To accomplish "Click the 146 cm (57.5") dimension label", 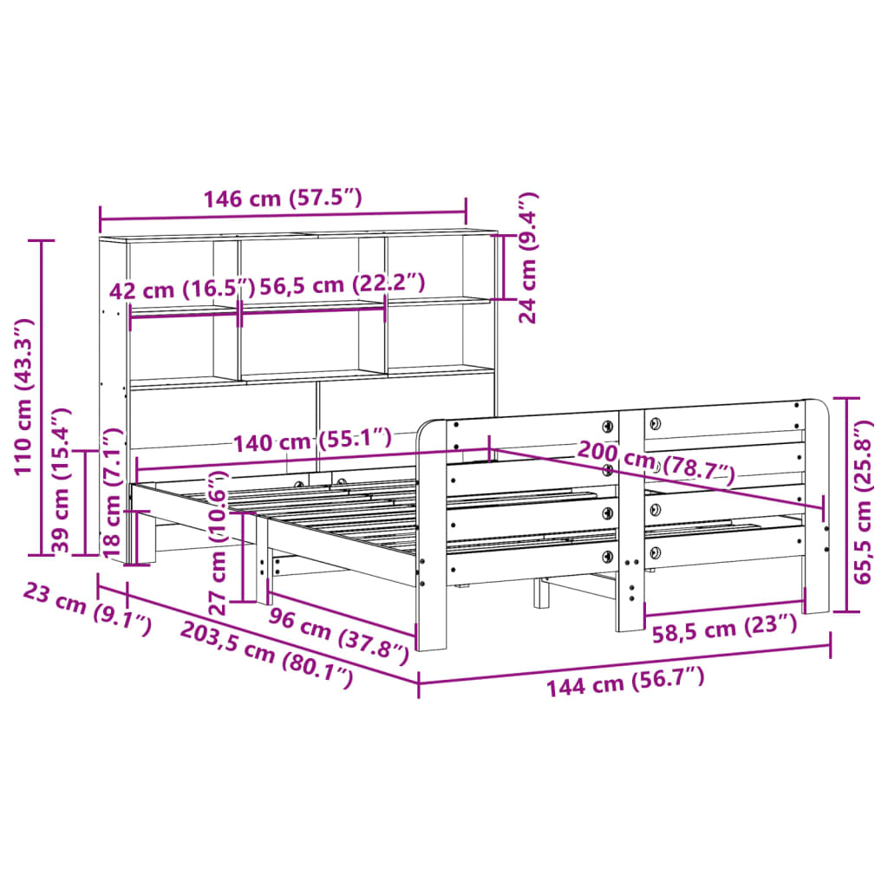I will [282, 199].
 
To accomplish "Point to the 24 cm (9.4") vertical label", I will [527, 258].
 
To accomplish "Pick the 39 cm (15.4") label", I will [61, 480].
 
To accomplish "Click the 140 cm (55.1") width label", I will [312, 440].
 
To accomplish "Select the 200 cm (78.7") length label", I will [656, 466].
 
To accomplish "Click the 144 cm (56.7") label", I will [625, 681].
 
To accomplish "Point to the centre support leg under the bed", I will [542, 593].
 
